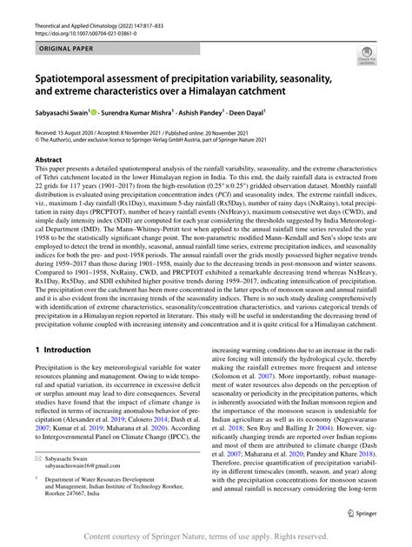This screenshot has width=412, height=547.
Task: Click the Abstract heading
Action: [49, 160]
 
